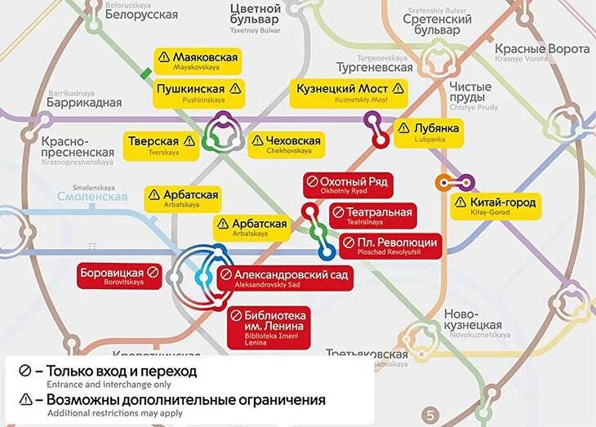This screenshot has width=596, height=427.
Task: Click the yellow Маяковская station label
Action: tap(198, 61)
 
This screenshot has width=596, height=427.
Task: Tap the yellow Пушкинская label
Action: tap(198, 92)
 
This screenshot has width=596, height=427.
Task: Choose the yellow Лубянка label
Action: tap(428, 132)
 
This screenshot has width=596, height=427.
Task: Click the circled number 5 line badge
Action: tap(432, 413)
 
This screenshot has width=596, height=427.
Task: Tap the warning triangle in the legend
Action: tap(25, 401)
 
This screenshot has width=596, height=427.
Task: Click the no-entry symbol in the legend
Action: tap(25, 371)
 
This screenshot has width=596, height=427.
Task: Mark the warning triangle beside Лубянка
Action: tap(403, 128)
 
